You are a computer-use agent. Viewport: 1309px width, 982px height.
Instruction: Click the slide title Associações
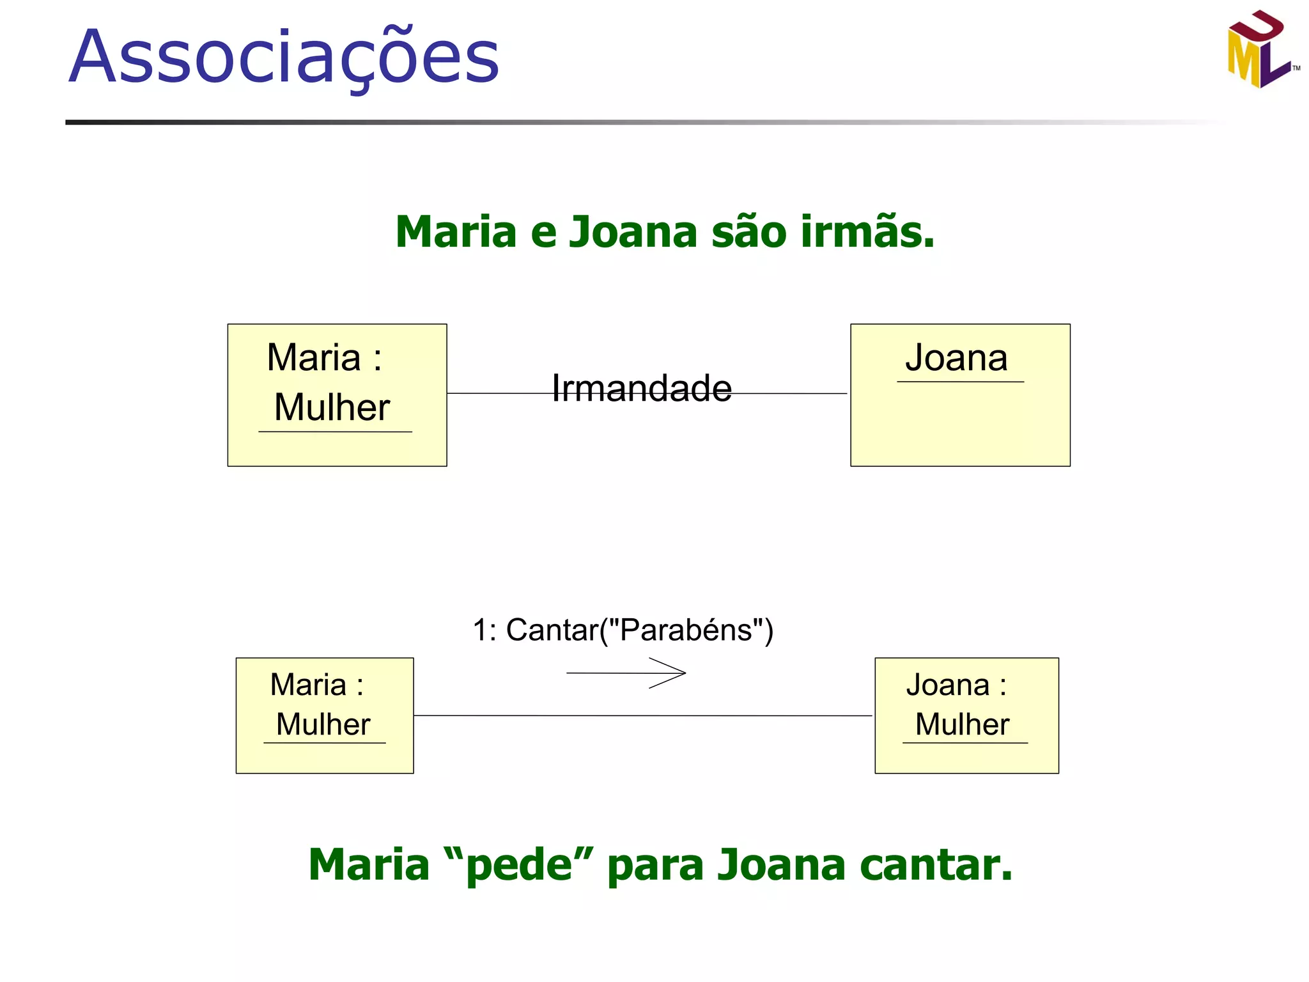[x=284, y=58]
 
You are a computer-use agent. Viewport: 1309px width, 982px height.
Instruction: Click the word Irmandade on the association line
[x=642, y=388]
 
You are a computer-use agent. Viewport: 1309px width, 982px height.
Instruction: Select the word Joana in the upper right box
[x=956, y=357]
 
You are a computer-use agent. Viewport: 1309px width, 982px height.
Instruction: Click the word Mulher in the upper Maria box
[x=332, y=407]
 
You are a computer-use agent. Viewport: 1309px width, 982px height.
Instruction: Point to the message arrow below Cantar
[x=626, y=673]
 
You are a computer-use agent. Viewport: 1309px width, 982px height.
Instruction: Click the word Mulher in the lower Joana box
[x=962, y=724]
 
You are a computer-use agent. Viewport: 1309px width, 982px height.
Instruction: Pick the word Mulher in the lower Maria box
[x=323, y=724]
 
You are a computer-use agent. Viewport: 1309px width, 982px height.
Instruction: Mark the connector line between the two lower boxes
[x=642, y=716]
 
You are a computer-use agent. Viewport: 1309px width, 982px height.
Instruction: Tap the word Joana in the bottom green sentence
[x=782, y=865]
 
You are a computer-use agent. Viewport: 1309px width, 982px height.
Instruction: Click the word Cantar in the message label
[x=552, y=630]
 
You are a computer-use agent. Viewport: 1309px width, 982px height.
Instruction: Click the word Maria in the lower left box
[x=308, y=685]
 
